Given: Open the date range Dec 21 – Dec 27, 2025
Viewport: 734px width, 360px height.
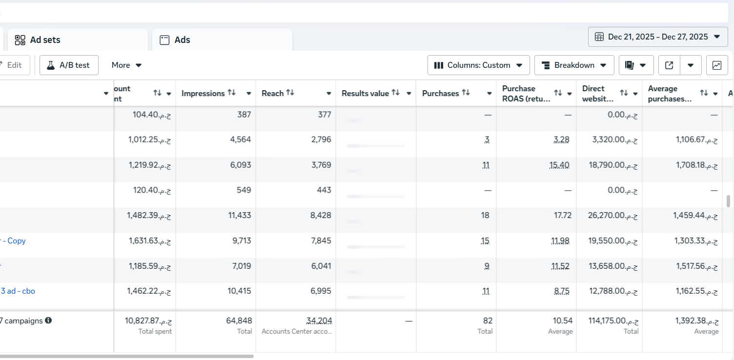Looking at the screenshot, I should (x=658, y=37).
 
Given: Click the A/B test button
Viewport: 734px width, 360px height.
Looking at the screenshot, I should (x=69, y=65).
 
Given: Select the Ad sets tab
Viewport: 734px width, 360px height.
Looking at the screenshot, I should (x=45, y=40).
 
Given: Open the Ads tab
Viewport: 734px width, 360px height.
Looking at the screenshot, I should (x=182, y=40).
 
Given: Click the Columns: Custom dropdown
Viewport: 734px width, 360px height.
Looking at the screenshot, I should (x=478, y=65).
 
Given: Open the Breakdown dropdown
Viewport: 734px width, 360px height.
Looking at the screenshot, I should (x=574, y=65).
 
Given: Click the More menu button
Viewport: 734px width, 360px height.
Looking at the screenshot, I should (x=126, y=65).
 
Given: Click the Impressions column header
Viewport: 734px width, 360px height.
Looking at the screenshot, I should (x=203, y=93).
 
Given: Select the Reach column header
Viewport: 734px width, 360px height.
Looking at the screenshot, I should (x=272, y=93).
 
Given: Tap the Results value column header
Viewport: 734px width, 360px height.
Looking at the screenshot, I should (x=365, y=93).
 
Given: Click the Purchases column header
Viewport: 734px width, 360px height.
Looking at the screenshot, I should (x=440, y=93).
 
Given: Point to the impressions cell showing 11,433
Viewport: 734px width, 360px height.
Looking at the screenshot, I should (x=240, y=215).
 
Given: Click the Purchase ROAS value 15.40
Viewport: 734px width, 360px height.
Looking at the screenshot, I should (x=559, y=165).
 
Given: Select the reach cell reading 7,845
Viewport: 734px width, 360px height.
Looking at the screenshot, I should (x=321, y=240).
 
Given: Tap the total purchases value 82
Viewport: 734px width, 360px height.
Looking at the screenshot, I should (x=488, y=320).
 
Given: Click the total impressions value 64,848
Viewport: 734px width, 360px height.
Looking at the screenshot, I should (x=239, y=320).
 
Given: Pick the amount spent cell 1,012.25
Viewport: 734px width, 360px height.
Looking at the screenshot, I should (x=143, y=140).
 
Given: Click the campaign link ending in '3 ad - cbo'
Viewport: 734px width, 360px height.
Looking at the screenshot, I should (x=18, y=291).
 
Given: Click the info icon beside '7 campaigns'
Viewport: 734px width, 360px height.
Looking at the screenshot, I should (x=48, y=320).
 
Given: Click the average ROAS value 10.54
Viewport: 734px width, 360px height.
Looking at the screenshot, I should (x=562, y=320).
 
